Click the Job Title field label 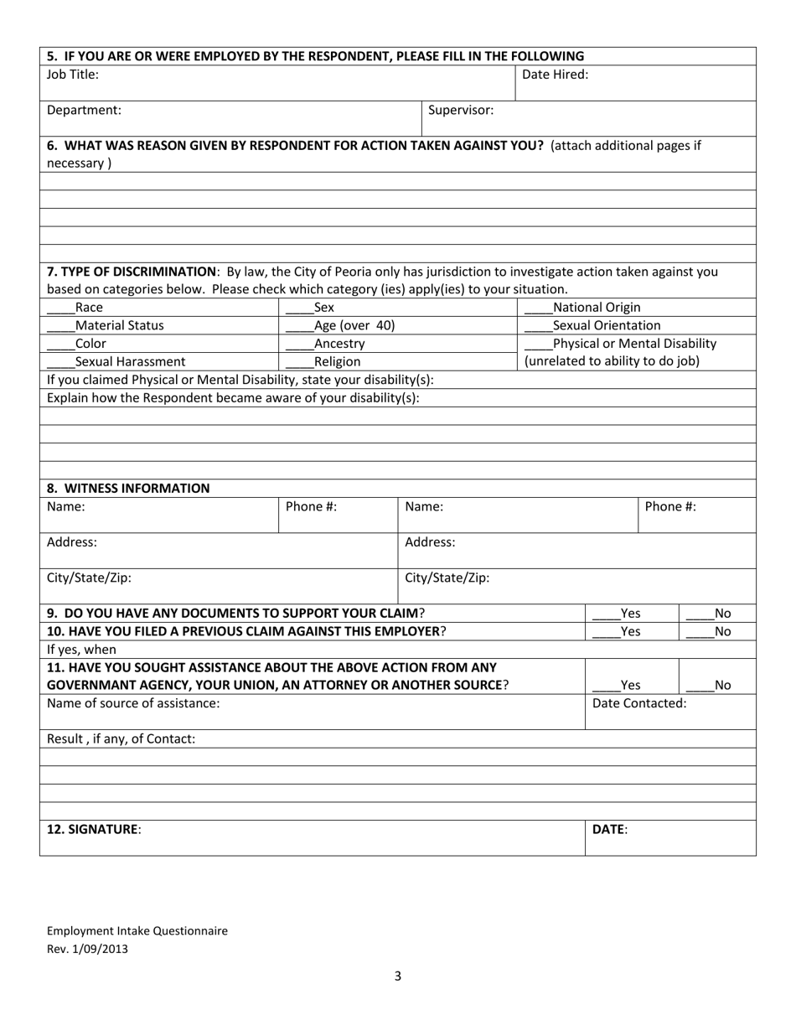73,75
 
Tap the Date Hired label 555,75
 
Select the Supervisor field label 461,110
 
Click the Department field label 84,110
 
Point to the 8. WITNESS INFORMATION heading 128,489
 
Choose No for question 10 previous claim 700,633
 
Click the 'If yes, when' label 82,650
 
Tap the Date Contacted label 639,703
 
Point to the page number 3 398,976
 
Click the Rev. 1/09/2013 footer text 88,949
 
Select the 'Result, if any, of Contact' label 121,739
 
